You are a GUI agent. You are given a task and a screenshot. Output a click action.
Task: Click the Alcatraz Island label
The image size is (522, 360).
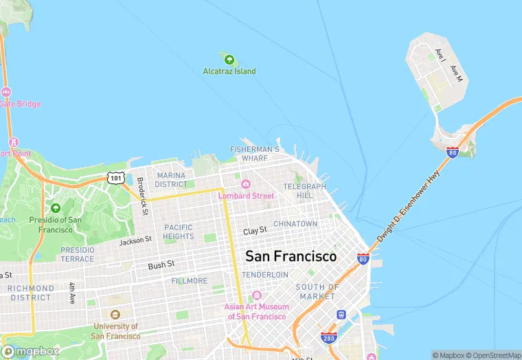tap(229, 71)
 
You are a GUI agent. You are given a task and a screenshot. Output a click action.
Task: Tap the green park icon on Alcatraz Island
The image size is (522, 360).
tap(229, 60)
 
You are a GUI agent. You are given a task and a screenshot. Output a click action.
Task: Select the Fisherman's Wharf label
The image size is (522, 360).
tap(255, 153)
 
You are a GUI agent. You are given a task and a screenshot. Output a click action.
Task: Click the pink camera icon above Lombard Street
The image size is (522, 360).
tap(246, 184)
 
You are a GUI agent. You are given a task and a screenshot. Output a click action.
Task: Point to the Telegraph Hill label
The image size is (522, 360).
tap(304, 190)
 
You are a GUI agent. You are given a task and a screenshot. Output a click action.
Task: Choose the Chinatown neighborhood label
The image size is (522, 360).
tap(295, 224)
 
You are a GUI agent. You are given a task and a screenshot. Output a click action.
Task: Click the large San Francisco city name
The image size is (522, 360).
tap(291, 256)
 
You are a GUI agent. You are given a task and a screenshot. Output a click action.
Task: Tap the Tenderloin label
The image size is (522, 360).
tap(265, 274)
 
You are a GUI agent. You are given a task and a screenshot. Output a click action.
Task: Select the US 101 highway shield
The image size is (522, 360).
tap(115, 178)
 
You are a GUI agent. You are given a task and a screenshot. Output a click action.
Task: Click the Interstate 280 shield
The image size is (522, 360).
tap(329, 337)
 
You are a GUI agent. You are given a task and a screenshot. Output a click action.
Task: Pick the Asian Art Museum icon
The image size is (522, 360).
tap(257, 295)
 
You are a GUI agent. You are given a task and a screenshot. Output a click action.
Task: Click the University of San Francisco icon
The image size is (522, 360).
tap(115, 314)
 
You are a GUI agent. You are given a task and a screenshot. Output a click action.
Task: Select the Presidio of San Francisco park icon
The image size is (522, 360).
tap(56, 207)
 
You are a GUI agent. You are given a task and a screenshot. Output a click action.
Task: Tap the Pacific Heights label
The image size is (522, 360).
tap(179, 232)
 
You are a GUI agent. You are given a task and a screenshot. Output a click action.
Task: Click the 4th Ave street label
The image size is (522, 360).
tap(72, 293)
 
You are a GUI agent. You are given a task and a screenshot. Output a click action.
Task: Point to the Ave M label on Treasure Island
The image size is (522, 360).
tap(456, 74)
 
